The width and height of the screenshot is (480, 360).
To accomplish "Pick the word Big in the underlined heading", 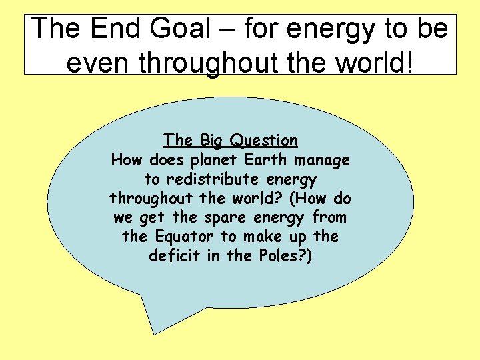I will pos(211,141).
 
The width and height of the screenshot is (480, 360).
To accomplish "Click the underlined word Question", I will pos(263,141).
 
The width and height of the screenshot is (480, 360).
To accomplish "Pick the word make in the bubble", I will pos(261,237).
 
